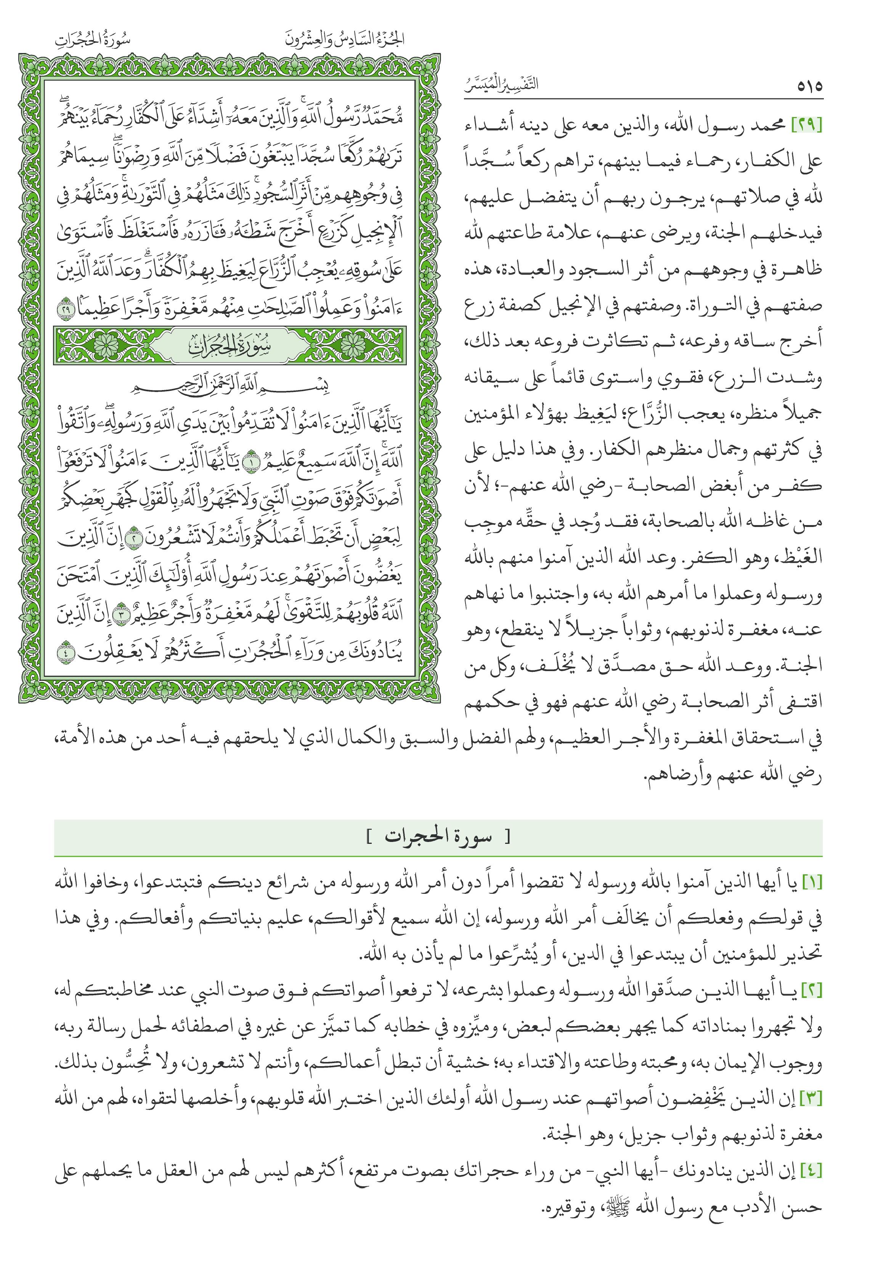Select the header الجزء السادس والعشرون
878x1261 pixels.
point(345,40)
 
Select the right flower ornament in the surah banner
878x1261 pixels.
point(355,346)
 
